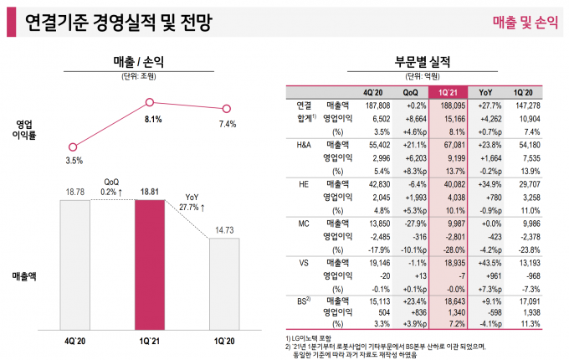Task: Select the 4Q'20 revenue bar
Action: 74,264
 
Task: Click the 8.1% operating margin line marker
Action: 150,102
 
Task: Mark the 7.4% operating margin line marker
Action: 226,108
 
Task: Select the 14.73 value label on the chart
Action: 224,229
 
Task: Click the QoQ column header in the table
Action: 410,91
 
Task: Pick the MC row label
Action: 304,224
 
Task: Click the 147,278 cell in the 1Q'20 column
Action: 529,106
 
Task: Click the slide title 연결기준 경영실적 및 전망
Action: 117,23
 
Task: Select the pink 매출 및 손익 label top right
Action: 524,23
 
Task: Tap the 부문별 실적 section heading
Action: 423,61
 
